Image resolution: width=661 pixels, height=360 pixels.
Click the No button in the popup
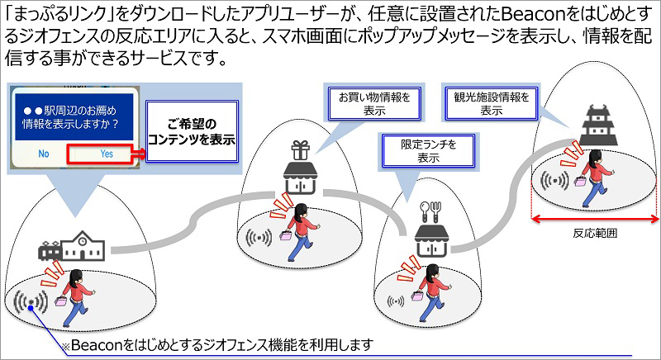coord(44,154)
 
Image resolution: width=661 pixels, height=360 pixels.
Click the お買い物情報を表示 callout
coord(373,102)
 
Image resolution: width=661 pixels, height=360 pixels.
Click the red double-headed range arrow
coord(595,218)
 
